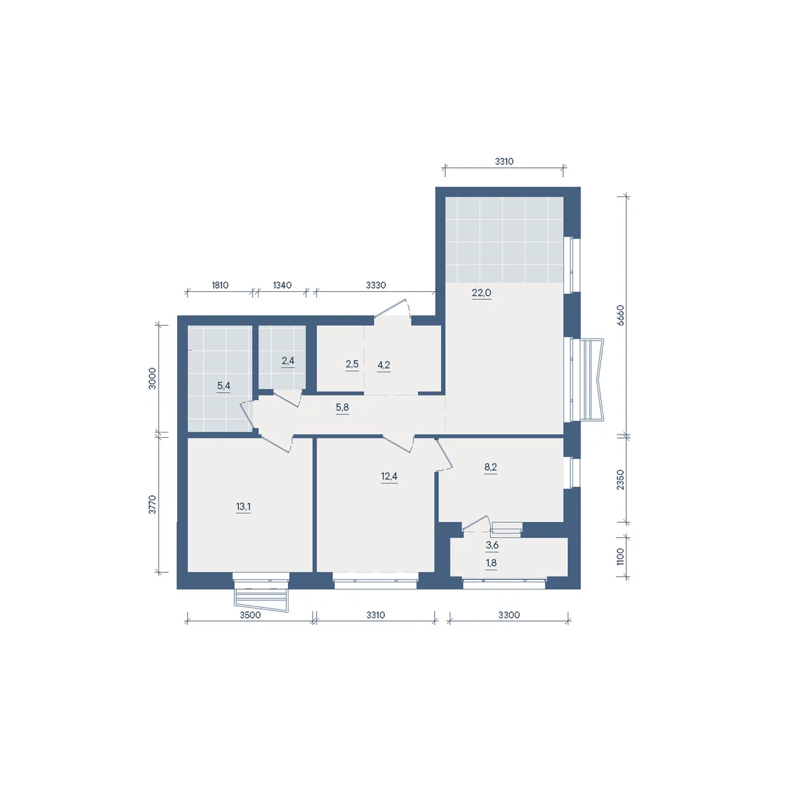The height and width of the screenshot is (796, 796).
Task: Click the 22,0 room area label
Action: [481, 293]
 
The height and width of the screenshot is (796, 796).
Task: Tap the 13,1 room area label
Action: [243, 506]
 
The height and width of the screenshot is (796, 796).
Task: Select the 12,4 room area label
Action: [389, 476]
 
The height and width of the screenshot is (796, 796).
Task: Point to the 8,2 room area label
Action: [490, 467]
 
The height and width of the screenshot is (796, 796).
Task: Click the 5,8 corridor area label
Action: [342, 407]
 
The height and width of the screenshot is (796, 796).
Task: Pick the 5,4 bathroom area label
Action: [224, 386]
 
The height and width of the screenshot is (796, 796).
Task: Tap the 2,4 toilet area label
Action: [288, 361]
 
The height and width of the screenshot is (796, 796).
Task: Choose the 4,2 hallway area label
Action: [384, 365]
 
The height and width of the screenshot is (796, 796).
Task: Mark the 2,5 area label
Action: [352, 364]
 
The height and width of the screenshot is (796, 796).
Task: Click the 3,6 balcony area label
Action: [492, 545]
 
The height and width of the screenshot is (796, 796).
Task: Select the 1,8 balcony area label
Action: [491, 563]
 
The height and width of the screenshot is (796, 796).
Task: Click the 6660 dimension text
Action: [620, 316]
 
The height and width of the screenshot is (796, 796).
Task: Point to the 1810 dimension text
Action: [220, 285]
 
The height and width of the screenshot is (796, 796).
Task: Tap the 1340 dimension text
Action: [282, 285]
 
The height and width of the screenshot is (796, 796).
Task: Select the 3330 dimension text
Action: [375, 285]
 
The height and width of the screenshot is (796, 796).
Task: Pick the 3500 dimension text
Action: [250, 615]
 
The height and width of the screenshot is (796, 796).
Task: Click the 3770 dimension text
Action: [153, 504]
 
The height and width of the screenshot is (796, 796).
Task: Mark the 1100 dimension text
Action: [620, 557]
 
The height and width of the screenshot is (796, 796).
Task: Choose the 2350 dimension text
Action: [620, 480]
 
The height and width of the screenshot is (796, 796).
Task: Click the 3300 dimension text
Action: [509, 615]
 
